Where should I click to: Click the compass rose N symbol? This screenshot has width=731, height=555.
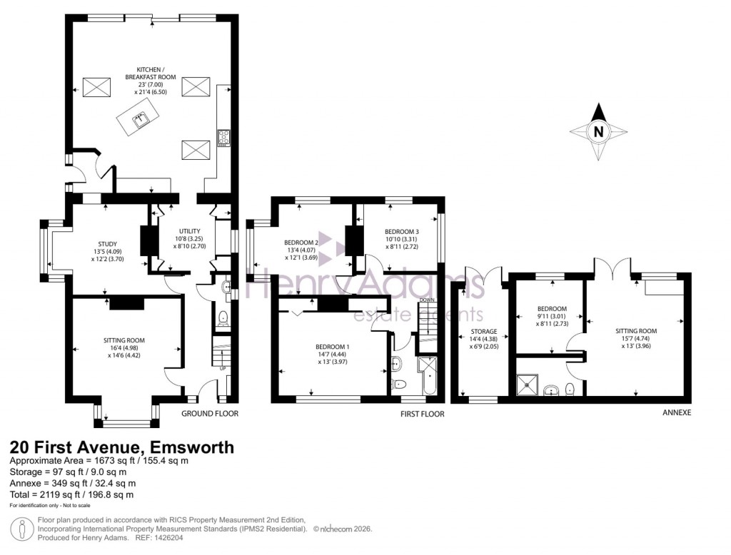599,131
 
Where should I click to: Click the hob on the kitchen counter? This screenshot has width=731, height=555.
223,136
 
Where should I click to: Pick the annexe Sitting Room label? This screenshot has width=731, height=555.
636,331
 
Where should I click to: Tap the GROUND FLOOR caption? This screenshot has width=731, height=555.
209,414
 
